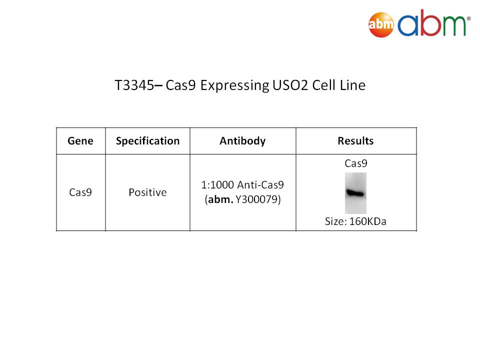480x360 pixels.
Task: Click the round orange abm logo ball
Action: coord(381,25)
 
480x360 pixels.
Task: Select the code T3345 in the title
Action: coord(134,85)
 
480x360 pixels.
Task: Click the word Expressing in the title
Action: coord(235,85)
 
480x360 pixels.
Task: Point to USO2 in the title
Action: coord(290,85)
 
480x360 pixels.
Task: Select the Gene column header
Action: coord(80,141)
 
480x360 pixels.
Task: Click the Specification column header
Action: coord(147,141)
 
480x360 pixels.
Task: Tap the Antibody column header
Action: coord(243,141)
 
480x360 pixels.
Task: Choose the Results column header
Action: coord(355,141)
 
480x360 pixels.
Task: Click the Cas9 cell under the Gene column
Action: coord(80,192)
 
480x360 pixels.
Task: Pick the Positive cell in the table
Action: coord(147,192)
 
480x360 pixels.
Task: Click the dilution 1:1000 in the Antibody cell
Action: coord(217,185)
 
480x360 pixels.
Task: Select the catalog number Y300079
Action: coord(256,199)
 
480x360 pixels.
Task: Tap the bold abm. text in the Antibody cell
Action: coord(220,199)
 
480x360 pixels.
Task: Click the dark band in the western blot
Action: coord(355,193)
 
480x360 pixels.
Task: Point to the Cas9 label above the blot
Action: coord(355,163)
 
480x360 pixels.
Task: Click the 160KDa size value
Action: coord(367,221)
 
